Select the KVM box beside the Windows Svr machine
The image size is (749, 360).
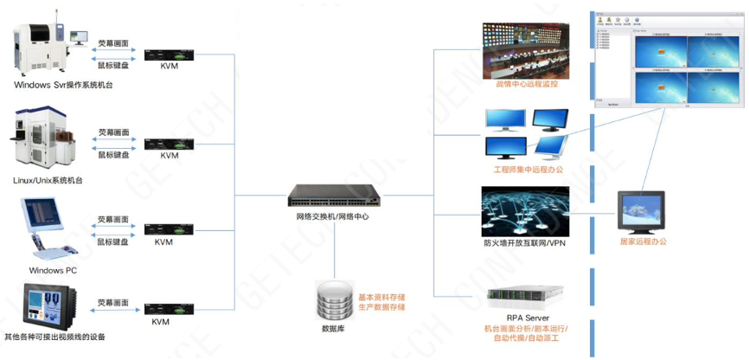(170, 55)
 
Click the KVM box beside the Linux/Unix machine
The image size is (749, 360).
(170, 143)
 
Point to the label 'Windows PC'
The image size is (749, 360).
(53, 271)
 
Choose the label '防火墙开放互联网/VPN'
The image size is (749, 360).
(526, 243)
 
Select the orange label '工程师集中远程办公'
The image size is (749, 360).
(528, 170)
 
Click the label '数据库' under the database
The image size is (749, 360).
(334, 329)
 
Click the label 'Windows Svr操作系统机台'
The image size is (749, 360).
(64, 86)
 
